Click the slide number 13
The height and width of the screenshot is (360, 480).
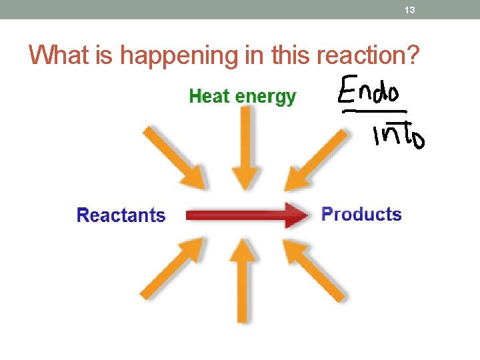click(410, 10)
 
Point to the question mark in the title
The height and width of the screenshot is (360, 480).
click(413, 55)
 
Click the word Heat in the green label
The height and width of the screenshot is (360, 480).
click(209, 96)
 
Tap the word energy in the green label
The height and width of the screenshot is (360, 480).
click(265, 97)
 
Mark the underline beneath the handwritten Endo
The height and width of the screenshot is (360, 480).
click(373, 111)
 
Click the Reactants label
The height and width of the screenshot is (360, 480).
click(121, 215)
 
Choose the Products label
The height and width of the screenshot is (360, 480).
click(361, 214)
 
